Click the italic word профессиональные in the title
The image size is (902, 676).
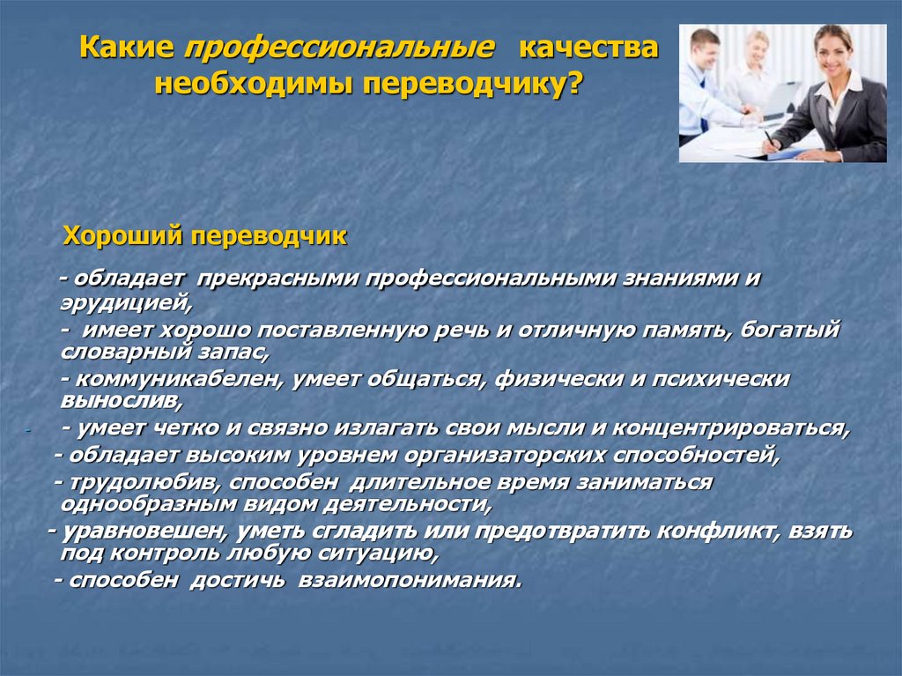pos(338,48)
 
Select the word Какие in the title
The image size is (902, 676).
pos(127,48)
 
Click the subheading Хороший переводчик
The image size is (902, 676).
pos(205,235)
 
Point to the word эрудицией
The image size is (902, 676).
pos(126,303)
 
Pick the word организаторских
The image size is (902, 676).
pos(505,455)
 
